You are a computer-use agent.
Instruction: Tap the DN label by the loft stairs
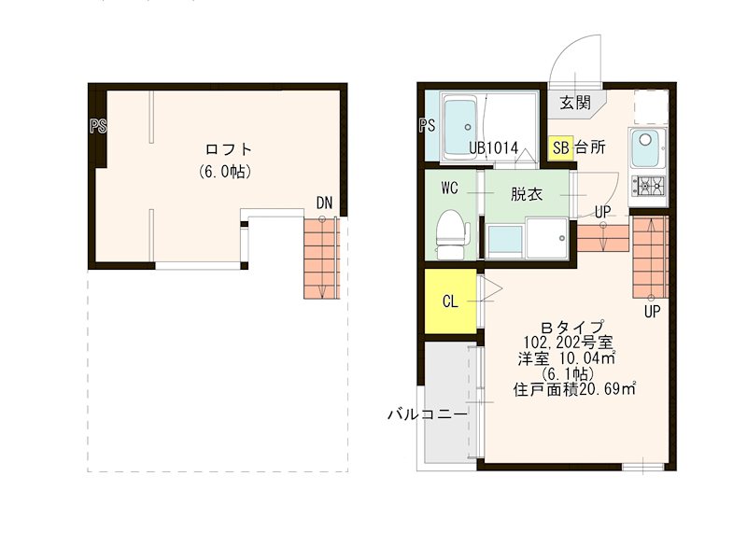coord(324,203)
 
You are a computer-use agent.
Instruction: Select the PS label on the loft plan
coord(97,126)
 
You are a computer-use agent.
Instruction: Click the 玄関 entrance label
coord(575,104)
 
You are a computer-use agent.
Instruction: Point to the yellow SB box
coord(561,147)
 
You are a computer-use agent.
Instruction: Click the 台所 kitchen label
coord(590,147)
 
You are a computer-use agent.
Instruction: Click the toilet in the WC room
coord(451,234)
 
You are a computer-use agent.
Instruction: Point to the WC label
coord(449,188)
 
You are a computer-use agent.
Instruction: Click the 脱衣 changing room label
coord(525,194)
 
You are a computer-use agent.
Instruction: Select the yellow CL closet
coord(450,301)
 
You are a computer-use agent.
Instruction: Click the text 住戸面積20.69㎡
coord(574,390)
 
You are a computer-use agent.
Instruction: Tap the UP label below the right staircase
coord(651,312)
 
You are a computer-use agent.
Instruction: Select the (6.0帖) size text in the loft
coord(225,172)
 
